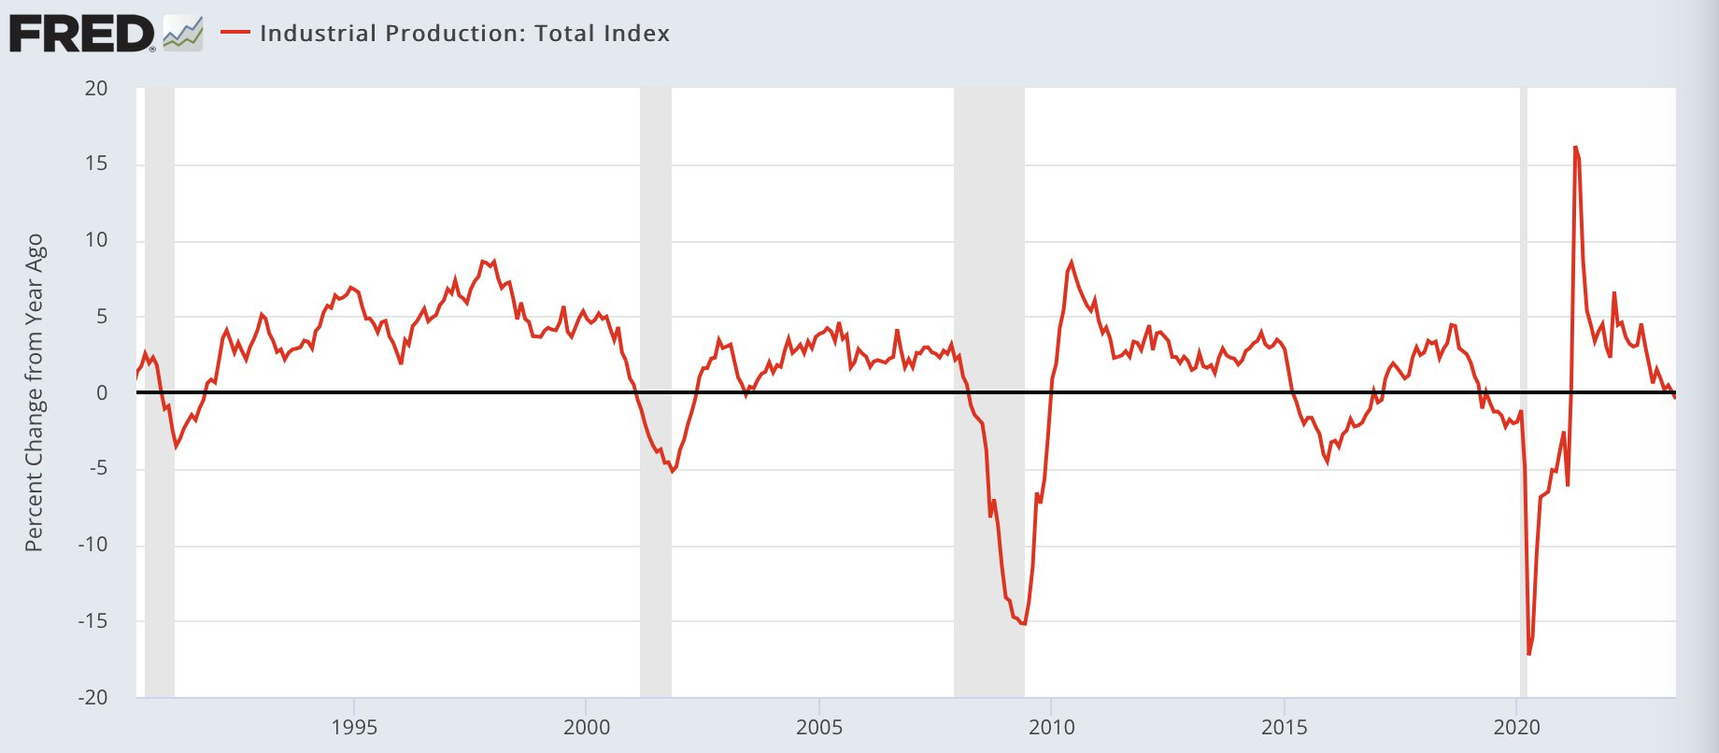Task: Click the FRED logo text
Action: tap(81, 34)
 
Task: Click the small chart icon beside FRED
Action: tap(182, 34)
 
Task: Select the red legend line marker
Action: tap(235, 33)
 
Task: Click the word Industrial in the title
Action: tap(318, 34)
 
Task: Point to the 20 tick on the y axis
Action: tap(96, 89)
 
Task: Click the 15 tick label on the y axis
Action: tap(96, 163)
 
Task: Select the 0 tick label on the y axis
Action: tap(102, 393)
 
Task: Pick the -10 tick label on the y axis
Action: tap(92, 545)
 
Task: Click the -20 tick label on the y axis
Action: tap(92, 697)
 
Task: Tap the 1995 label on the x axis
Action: tap(354, 728)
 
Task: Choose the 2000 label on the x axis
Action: tap(587, 728)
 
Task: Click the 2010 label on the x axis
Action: tap(1052, 728)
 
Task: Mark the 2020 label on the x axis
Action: tap(1517, 728)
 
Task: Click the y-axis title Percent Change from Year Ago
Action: tap(35, 392)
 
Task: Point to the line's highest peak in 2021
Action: tap(1575, 148)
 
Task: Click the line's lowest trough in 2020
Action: tap(1528, 654)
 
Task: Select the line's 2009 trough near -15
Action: tap(1024, 624)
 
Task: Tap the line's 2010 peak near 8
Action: tap(1071, 263)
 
